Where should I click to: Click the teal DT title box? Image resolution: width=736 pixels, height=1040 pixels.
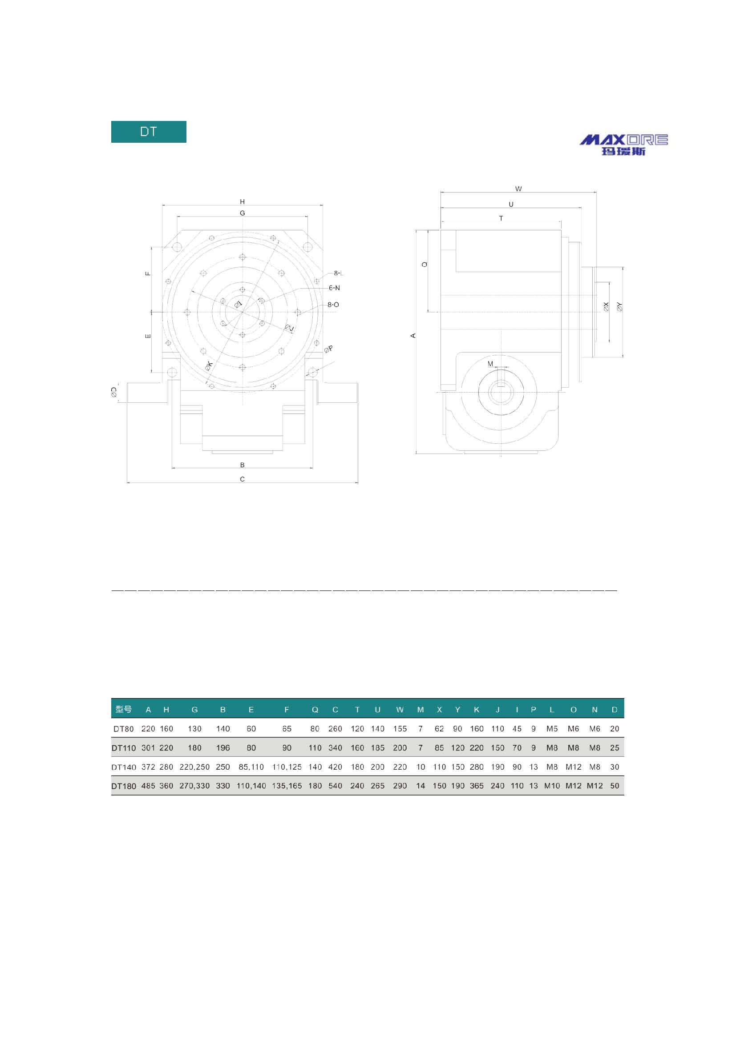click(149, 132)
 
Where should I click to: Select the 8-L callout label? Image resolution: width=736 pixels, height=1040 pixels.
click(339, 273)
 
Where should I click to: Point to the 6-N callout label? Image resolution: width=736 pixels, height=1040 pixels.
click(334, 288)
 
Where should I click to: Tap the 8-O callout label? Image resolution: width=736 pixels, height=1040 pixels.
click(333, 305)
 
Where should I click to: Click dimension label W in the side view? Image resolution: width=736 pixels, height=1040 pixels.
click(518, 189)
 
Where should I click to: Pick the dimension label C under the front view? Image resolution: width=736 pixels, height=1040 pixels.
click(243, 479)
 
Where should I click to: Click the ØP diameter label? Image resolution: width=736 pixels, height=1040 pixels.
click(328, 349)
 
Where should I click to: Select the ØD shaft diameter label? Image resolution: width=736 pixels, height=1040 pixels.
click(114, 392)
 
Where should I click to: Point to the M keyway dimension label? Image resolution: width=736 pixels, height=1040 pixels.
click(490, 364)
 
